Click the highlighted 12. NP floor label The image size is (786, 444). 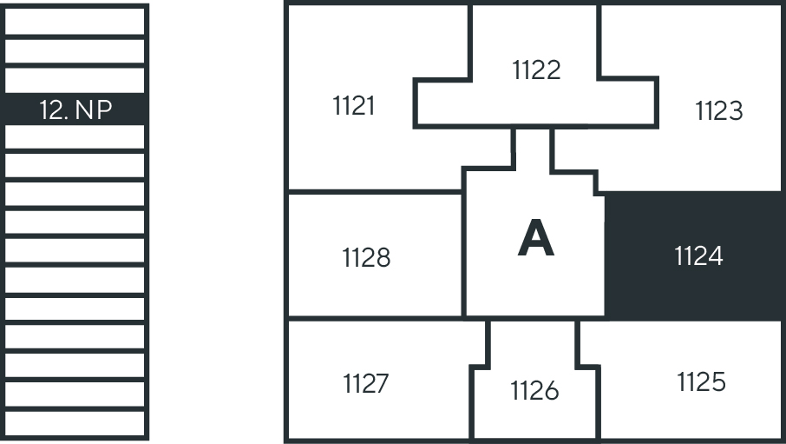pyautogui.click(x=76, y=109)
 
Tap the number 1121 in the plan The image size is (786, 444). pyautogui.click(x=354, y=106)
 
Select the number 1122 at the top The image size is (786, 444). pyautogui.click(x=536, y=70)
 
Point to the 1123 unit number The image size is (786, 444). pyautogui.click(x=718, y=111)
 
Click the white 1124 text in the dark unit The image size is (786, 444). pyautogui.click(x=698, y=256)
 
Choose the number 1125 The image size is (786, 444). pyautogui.click(x=701, y=381)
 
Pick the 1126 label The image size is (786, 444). pyautogui.click(x=534, y=392)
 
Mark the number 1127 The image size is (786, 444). pyautogui.click(x=365, y=383)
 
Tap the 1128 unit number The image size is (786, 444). pyautogui.click(x=366, y=257)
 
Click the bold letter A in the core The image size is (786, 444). pyautogui.click(x=535, y=239)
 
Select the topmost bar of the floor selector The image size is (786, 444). pyautogui.click(x=76, y=20)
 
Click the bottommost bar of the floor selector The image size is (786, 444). pyautogui.click(x=76, y=423)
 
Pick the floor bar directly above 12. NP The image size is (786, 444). pyautogui.click(x=76, y=80)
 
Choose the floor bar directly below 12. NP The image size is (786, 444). pyautogui.click(x=76, y=137)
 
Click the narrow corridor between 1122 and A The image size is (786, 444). pyautogui.click(x=533, y=148)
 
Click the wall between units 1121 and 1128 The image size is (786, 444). pyautogui.click(x=373, y=191)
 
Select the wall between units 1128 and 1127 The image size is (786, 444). pyautogui.click(x=373, y=318)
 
